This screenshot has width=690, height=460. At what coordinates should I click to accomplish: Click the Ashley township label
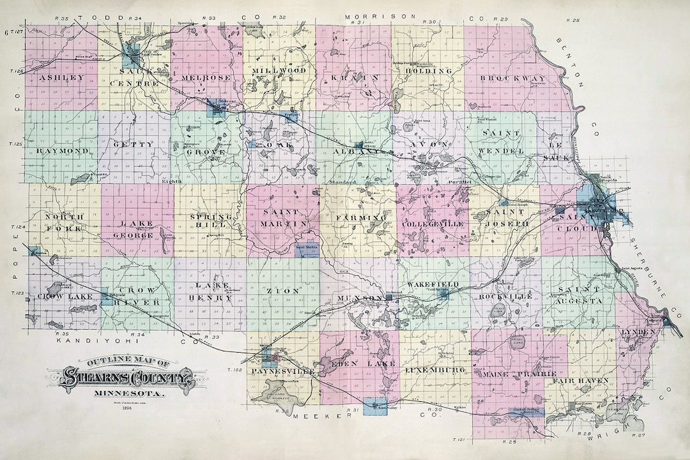(x=62, y=77)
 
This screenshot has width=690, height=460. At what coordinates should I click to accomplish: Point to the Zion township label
(x=282, y=291)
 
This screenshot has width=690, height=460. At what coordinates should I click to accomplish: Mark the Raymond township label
(x=62, y=151)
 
